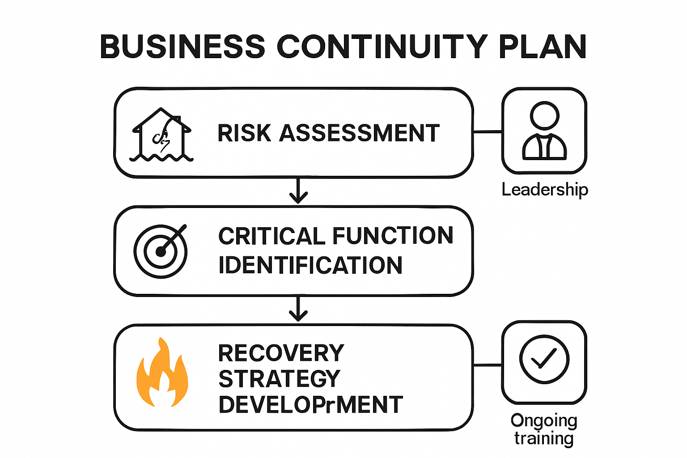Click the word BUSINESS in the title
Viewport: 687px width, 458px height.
tap(182, 47)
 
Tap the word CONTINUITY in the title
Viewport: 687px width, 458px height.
tap(382, 47)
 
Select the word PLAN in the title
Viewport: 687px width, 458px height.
tap(543, 47)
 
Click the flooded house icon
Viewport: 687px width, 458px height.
tap(161, 135)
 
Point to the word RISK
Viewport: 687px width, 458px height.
tap(244, 133)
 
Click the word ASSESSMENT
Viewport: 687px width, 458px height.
tap(360, 133)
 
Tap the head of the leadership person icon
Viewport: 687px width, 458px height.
tap(544, 116)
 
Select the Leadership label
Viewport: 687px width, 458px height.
tap(545, 190)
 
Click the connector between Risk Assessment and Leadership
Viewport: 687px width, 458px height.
tap(488, 132)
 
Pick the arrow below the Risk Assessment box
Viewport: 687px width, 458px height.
tap(298, 191)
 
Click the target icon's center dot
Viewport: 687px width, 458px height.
tap(161, 252)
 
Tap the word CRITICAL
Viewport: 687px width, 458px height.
tap(272, 236)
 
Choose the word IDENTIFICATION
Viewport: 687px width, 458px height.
tap(310, 265)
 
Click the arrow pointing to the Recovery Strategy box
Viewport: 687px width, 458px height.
tap(298, 309)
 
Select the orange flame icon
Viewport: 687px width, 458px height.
tap(162, 372)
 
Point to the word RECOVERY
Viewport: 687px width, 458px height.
tap(281, 353)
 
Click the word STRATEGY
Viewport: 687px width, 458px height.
tap(280, 378)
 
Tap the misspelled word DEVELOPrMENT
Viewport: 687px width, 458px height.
tap(310, 404)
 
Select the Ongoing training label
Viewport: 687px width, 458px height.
tap(544, 429)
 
